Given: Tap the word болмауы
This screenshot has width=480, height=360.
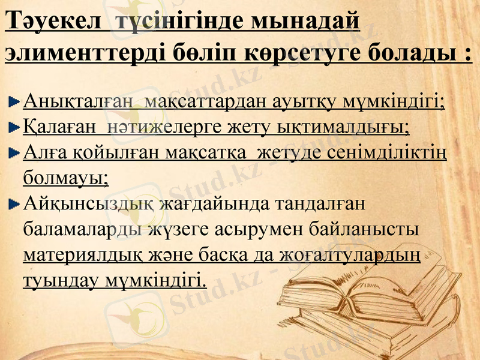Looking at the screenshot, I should coord(65,178).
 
